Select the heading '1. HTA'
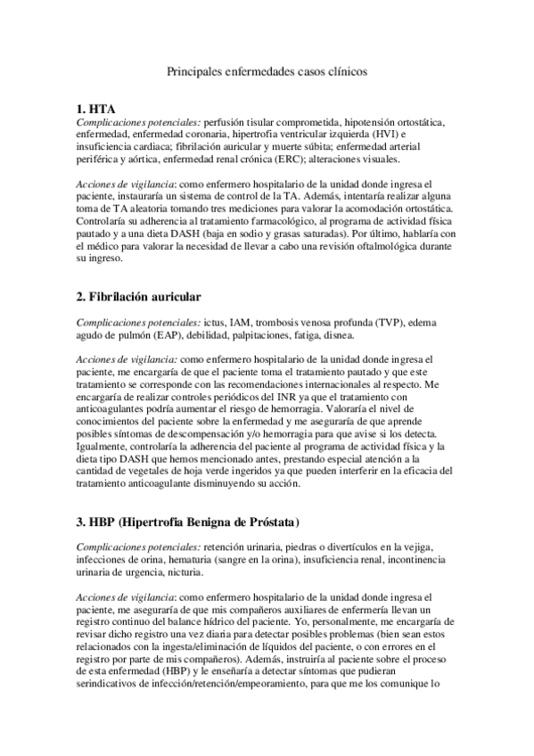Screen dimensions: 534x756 pos(96,109)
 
